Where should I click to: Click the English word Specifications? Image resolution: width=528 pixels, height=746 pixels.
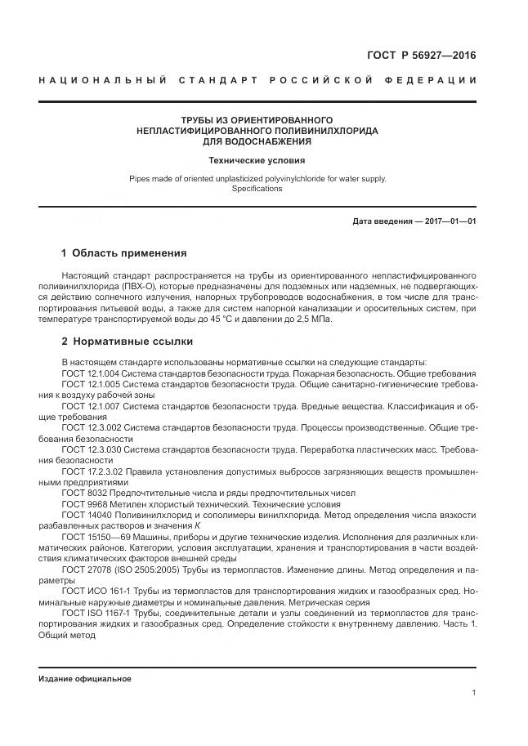tap(257, 188)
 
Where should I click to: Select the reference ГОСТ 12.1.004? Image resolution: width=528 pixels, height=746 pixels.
tap(91, 372)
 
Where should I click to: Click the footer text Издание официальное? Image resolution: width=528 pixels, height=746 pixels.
tap(84, 679)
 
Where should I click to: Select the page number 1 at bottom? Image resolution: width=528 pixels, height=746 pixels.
tap(474, 693)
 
